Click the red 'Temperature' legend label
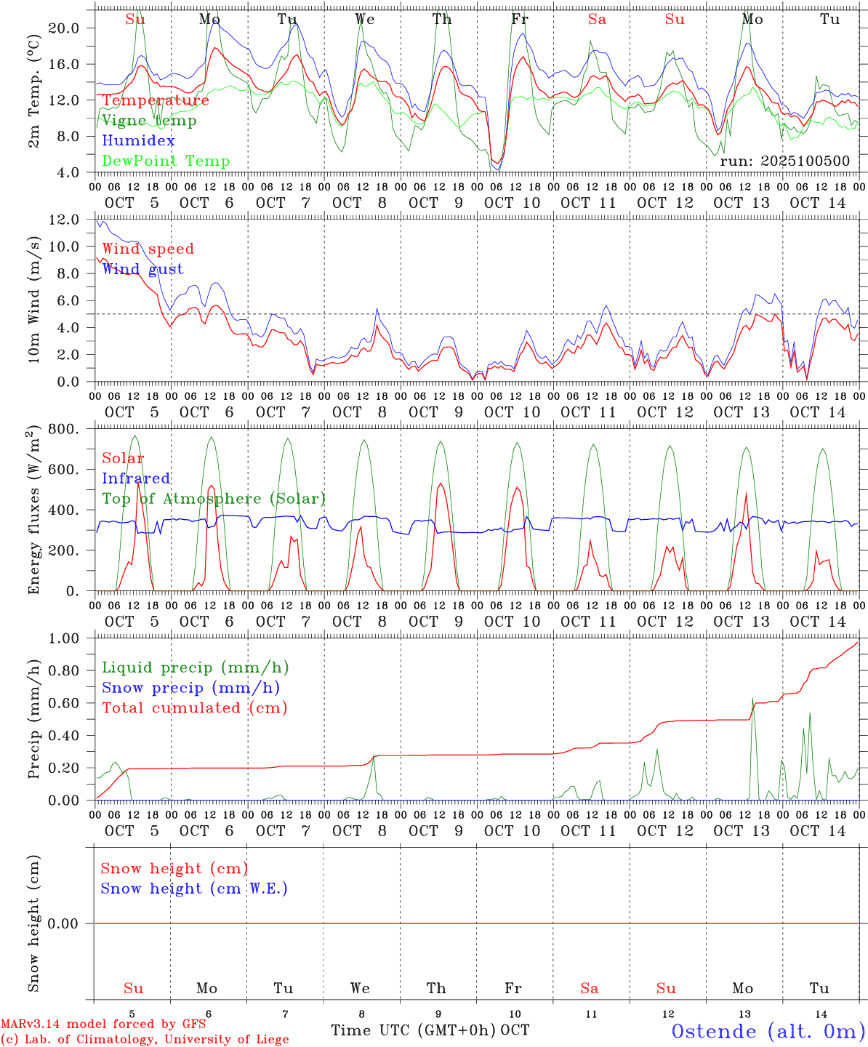[155, 100]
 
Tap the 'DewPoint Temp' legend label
[166, 161]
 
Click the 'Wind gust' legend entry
[142, 269]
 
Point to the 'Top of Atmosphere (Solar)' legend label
[214, 499]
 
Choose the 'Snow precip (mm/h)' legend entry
[190, 688]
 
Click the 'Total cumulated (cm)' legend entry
[194, 708]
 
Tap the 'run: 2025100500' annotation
[784, 161]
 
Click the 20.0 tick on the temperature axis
[64, 28]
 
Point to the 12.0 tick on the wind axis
[64, 220]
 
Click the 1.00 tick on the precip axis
[64, 638]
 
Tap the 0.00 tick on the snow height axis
[64, 924]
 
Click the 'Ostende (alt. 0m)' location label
[768, 1031]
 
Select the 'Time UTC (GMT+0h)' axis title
[414, 1030]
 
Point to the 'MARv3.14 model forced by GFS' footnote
[103, 1024]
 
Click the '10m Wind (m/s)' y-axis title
[34, 300]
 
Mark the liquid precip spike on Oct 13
[753, 699]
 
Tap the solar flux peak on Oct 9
[440, 484]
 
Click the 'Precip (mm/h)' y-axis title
[34, 719]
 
